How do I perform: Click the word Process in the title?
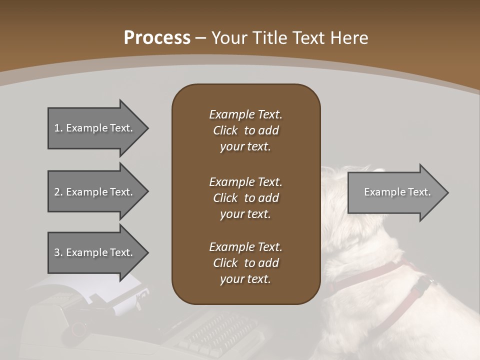[157, 38]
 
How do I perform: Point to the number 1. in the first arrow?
[58, 128]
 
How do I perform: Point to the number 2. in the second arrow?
[58, 192]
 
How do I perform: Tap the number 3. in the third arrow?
[58, 252]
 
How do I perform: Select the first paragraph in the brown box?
[245, 130]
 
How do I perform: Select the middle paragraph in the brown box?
[245, 198]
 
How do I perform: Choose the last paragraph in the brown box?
[245, 263]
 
